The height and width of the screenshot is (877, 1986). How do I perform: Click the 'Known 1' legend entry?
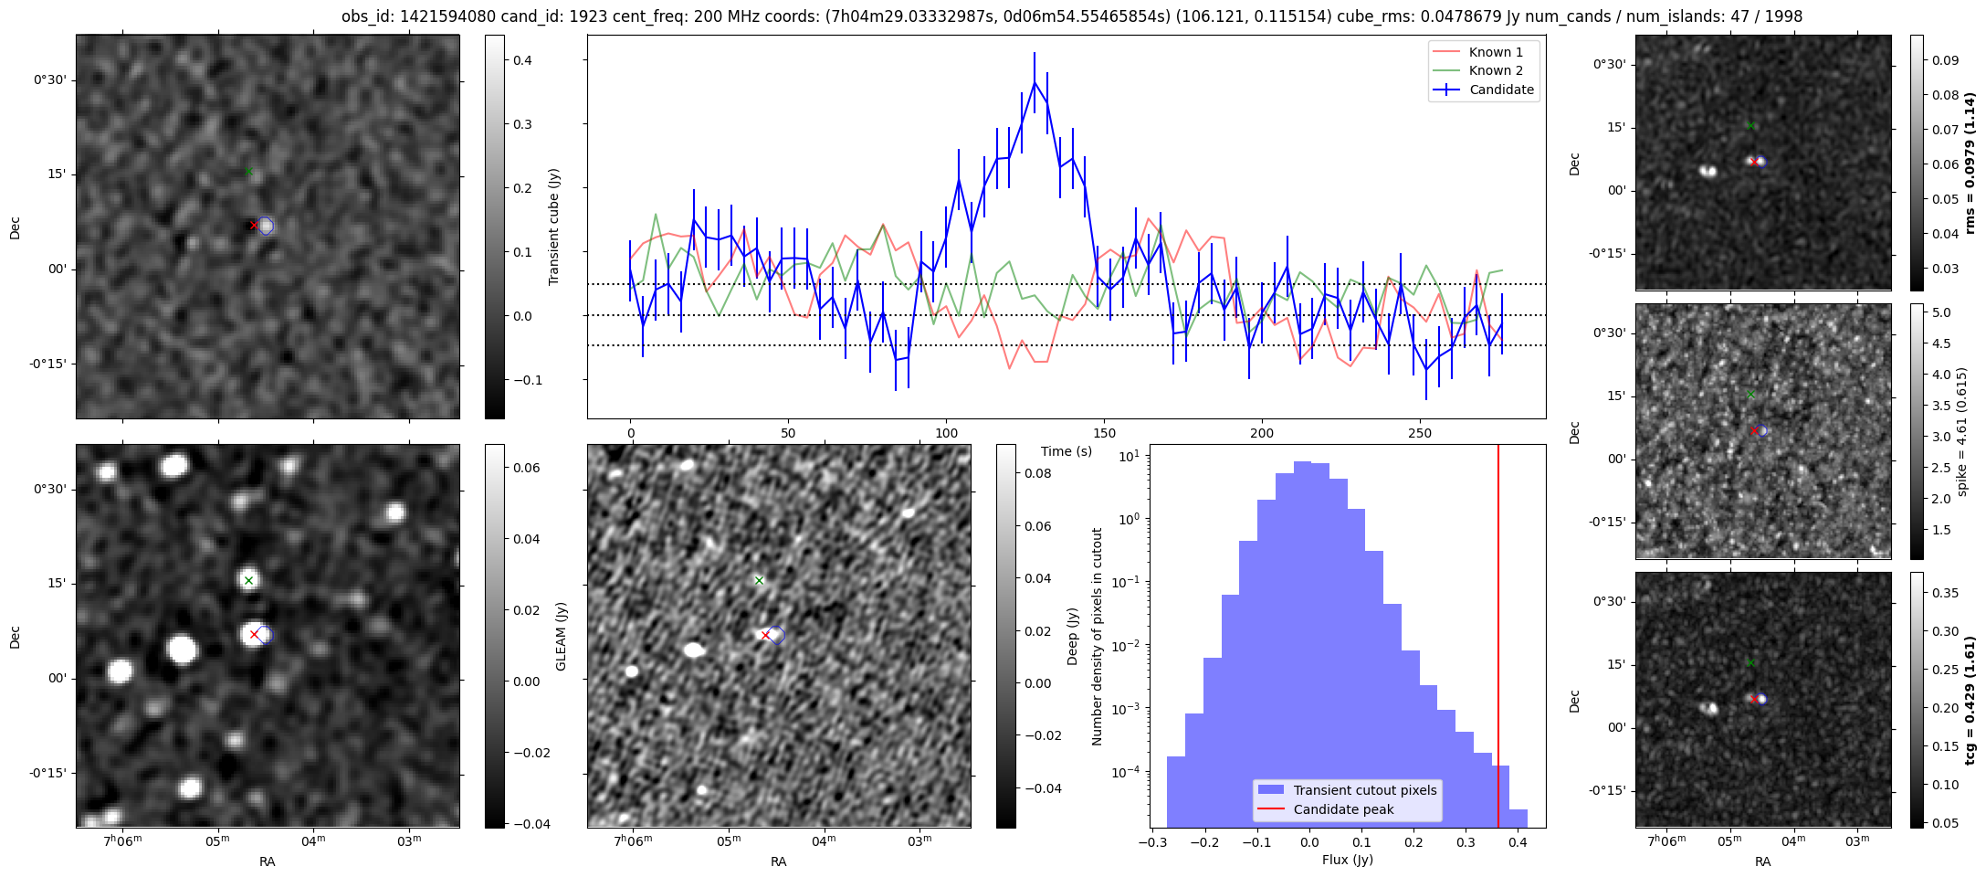click(1495, 52)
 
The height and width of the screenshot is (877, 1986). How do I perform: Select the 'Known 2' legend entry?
click(1495, 70)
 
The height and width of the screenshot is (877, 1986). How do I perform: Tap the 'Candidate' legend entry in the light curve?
click(1501, 90)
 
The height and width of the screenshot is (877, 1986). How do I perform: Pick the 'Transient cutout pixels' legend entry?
click(1364, 790)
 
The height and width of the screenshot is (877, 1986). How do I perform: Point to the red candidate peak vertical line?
click(1498, 639)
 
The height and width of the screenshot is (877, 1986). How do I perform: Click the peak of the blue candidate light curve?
click(1035, 82)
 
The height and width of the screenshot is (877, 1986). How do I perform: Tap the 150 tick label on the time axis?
click(1104, 433)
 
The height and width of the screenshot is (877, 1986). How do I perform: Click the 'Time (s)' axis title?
click(1067, 451)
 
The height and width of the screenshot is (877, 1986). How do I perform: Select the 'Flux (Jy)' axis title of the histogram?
click(1347, 860)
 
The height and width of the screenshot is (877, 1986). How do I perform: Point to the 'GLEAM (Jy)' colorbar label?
click(562, 636)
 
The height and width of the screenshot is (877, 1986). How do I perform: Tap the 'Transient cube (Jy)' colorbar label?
click(553, 227)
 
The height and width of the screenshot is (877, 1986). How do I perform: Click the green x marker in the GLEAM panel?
click(248, 580)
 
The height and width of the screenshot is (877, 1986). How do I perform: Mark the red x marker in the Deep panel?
click(765, 635)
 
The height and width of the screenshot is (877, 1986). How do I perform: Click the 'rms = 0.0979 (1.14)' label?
click(1970, 163)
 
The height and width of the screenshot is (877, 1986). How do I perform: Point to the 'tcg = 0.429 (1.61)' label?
click(1970, 700)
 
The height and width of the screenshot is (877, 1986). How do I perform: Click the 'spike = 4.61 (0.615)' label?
click(1961, 431)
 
